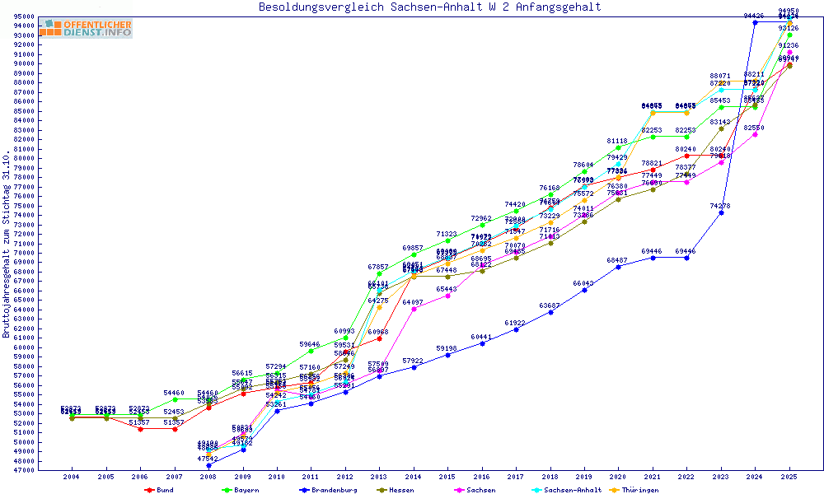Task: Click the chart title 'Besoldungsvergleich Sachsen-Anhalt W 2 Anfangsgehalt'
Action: pos(429,7)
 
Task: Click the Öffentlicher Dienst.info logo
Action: pos(85,29)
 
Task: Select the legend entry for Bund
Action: pos(160,490)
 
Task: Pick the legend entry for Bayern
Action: pos(240,490)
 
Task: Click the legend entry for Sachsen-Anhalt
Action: pos(569,490)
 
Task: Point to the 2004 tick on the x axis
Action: pos(72,476)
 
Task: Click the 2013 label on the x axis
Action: pos(379,476)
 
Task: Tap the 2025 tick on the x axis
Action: pos(789,476)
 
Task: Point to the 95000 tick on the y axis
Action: pos(25,16)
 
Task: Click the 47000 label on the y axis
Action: pos(25,470)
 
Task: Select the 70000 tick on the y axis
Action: pos(25,253)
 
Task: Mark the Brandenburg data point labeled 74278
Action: pos(721,212)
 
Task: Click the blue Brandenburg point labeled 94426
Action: pos(755,22)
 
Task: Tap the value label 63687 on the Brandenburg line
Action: pos(550,305)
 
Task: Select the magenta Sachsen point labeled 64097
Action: pos(414,309)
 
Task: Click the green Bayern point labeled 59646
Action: pos(311,351)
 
